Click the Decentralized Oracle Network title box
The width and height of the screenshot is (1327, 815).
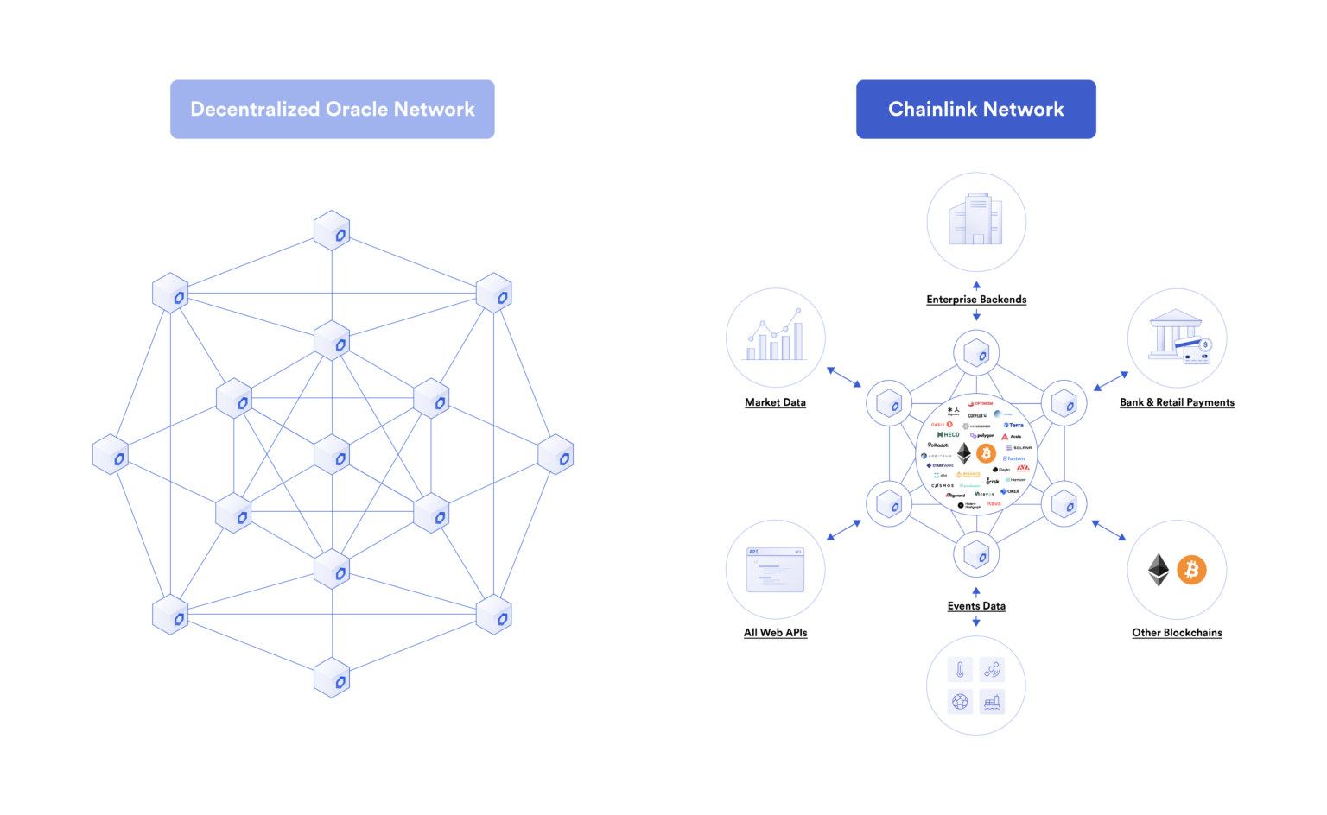click(332, 110)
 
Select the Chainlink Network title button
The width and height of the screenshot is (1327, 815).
click(975, 110)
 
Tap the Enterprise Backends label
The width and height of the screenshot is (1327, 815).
click(976, 300)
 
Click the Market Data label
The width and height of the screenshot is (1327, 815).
click(775, 402)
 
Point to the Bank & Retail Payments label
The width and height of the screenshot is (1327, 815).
click(1177, 402)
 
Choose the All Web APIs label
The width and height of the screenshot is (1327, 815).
click(775, 633)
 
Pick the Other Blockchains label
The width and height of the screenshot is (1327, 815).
click(1177, 633)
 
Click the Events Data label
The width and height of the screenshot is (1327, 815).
click(976, 606)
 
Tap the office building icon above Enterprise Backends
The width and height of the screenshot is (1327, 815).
click(975, 220)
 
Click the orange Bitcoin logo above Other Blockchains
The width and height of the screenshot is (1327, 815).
click(1191, 570)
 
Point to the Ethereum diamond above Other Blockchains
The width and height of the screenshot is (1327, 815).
click(1158, 570)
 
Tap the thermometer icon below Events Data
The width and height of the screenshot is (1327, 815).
click(960, 670)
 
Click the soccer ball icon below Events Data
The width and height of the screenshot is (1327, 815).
click(960, 702)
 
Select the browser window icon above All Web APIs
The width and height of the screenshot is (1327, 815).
click(775, 570)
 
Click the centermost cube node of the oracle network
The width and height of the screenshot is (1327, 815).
click(332, 455)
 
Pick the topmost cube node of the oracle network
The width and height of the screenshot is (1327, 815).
click(332, 231)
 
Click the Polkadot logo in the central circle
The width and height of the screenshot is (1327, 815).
click(937, 445)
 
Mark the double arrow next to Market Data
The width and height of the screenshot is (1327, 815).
click(844, 377)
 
